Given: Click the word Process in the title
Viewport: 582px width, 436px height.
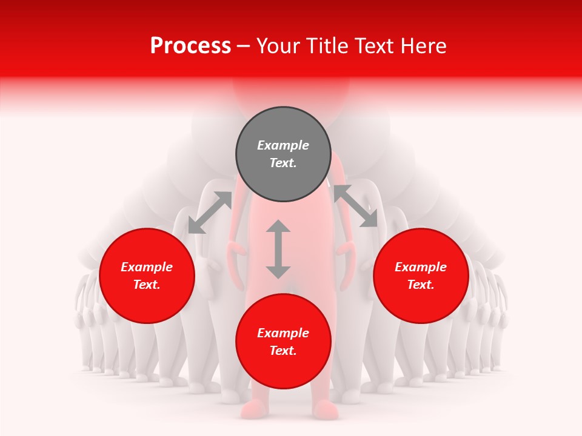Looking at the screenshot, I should coord(190,46).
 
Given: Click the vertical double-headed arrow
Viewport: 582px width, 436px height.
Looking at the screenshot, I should coord(278,249).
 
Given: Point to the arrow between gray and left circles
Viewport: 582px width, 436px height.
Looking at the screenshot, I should coord(210,212).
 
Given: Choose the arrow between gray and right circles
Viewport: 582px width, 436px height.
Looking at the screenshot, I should coord(355,206).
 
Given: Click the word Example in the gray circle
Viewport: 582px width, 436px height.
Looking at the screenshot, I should coord(283,145).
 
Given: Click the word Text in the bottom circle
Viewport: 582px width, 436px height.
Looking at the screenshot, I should coord(283,351).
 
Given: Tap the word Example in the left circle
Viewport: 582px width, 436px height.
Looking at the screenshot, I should coord(147,267).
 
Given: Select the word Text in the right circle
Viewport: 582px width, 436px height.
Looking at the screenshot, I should coord(421,285).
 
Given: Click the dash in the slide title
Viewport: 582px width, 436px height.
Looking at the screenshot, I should coord(244,46).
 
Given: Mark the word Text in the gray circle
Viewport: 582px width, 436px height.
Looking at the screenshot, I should coord(283,163).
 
